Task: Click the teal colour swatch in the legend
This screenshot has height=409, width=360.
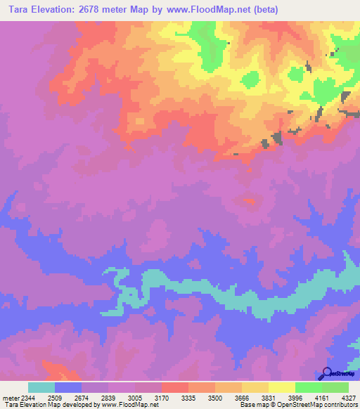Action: coord(41,387)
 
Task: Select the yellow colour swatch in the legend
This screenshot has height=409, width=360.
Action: coord(281,387)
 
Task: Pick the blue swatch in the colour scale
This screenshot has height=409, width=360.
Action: coord(67,387)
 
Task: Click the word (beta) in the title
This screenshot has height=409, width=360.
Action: coord(266,10)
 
